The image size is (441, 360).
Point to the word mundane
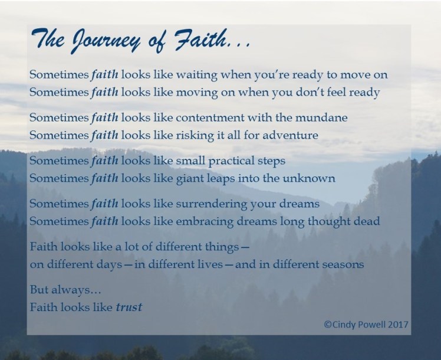tap(324, 118)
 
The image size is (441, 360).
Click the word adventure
tap(290, 135)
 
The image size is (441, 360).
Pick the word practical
tap(219, 161)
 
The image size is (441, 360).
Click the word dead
tap(367, 221)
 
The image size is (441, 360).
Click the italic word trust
tap(130, 307)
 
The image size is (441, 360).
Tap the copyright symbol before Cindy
tap(328, 323)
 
